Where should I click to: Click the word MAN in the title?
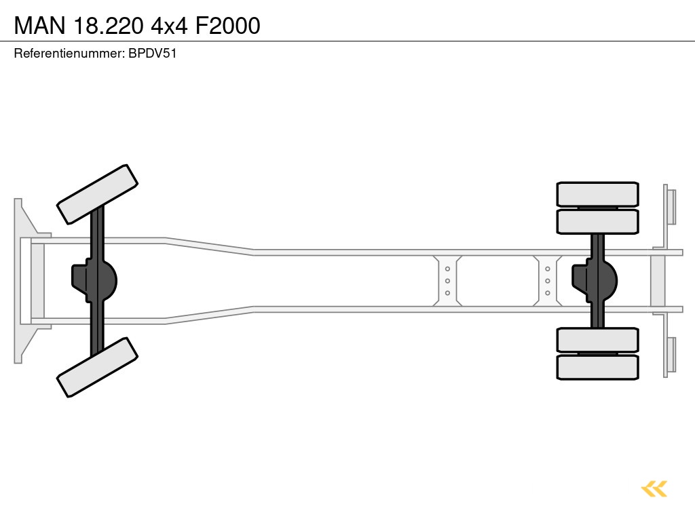click(x=40, y=26)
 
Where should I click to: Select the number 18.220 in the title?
click(x=109, y=26)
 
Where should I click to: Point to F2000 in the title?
click(x=227, y=26)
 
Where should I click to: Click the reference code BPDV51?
click(x=153, y=54)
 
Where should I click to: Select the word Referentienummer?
click(x=69, y=54)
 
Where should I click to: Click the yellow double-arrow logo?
click(x=654, y=488)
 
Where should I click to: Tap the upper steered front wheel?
click(x=98, y=194)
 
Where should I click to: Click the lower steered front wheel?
click(x=98, y=367)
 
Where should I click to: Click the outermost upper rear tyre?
click(x=597, y=194)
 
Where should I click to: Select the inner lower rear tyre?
click(x=597, y=340)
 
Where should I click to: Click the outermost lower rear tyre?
click(x=597, y=367)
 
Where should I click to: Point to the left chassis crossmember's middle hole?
click(x=447, y=281)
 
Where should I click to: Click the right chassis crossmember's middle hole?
click(x=547, y=281)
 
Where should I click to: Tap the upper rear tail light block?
click(x=671, y=206)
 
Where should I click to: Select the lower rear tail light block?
click(x=671, y=355)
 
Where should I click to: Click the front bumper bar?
click(x=18, y=280)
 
